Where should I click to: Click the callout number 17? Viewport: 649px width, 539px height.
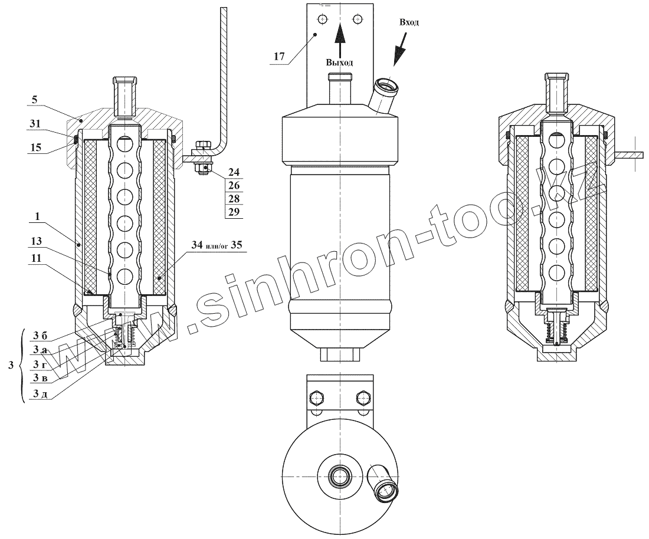(x=280, y=56)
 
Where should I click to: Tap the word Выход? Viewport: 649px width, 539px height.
(x=339, y=63)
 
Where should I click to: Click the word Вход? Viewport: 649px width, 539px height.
(x=409, y=22)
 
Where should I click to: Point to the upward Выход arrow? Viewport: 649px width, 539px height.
(x=340, y=40)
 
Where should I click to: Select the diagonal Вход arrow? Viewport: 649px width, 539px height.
(x=400, y=48)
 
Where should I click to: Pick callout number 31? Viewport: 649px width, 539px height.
(x=36, y=124)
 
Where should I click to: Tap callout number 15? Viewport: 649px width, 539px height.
(x=36, y=147)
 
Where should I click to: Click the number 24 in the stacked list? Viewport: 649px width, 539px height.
(x=234, y=172)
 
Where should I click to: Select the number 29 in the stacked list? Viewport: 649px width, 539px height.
(x=234, y=212)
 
